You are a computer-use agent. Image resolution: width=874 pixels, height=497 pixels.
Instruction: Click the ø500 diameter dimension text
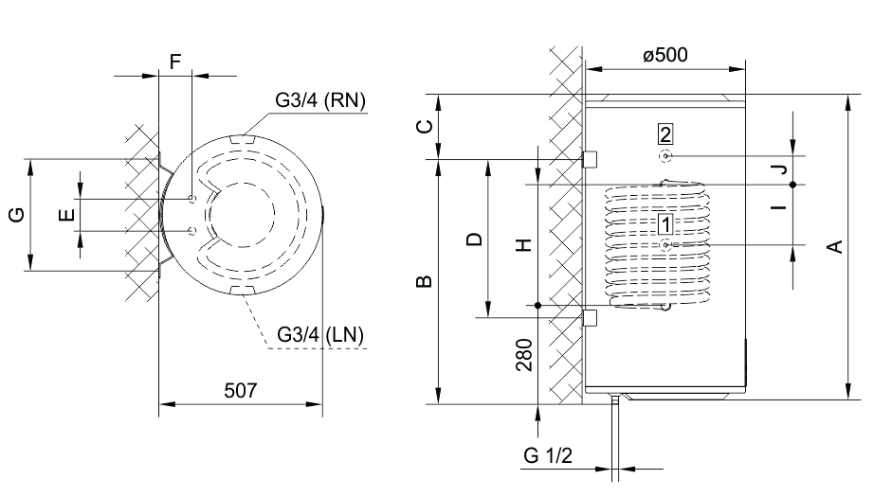point(665,55)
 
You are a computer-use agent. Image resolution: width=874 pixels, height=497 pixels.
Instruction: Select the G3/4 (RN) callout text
point(321,100)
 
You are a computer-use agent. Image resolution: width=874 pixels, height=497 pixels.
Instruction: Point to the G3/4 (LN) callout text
point(320,334)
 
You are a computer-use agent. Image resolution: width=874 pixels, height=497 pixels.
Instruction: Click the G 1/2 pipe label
point(548,455)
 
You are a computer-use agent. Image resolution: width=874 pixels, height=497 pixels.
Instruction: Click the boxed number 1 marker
point(666,224)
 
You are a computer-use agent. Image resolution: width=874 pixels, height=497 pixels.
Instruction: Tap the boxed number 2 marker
point(666,133)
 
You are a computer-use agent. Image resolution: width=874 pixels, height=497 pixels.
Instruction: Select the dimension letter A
point(833,247)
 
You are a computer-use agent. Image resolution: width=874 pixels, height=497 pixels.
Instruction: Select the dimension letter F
point(174,62)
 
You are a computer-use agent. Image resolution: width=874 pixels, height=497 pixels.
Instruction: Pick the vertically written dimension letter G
point(16,215)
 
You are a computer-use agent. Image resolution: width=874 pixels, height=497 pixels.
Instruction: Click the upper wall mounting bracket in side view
point(588,158)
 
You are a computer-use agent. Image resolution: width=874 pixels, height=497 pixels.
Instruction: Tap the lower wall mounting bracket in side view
point(588,316)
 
